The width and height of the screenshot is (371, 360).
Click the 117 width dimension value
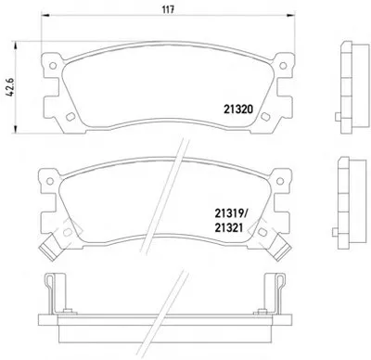pyautogui.click(x=169, y=9)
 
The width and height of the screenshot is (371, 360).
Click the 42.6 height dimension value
pyautogui.click(x=10, y=87)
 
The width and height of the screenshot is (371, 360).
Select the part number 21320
pyautogui.click(x=238, y=109)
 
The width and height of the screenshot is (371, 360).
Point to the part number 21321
pyautogui.click(x=229, y=228)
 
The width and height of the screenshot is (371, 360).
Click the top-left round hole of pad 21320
pyautogui.click(x=53, y=66)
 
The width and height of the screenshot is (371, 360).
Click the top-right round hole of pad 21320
pyautogui.click(x=283, y=66)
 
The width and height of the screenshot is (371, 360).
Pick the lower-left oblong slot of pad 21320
pyautogui.click(x=70, y=117)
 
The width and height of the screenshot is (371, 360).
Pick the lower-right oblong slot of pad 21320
pyautogui.click(x=265, y=116)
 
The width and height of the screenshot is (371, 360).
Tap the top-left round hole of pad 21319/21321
pyautogui.click(x=50, y=181)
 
